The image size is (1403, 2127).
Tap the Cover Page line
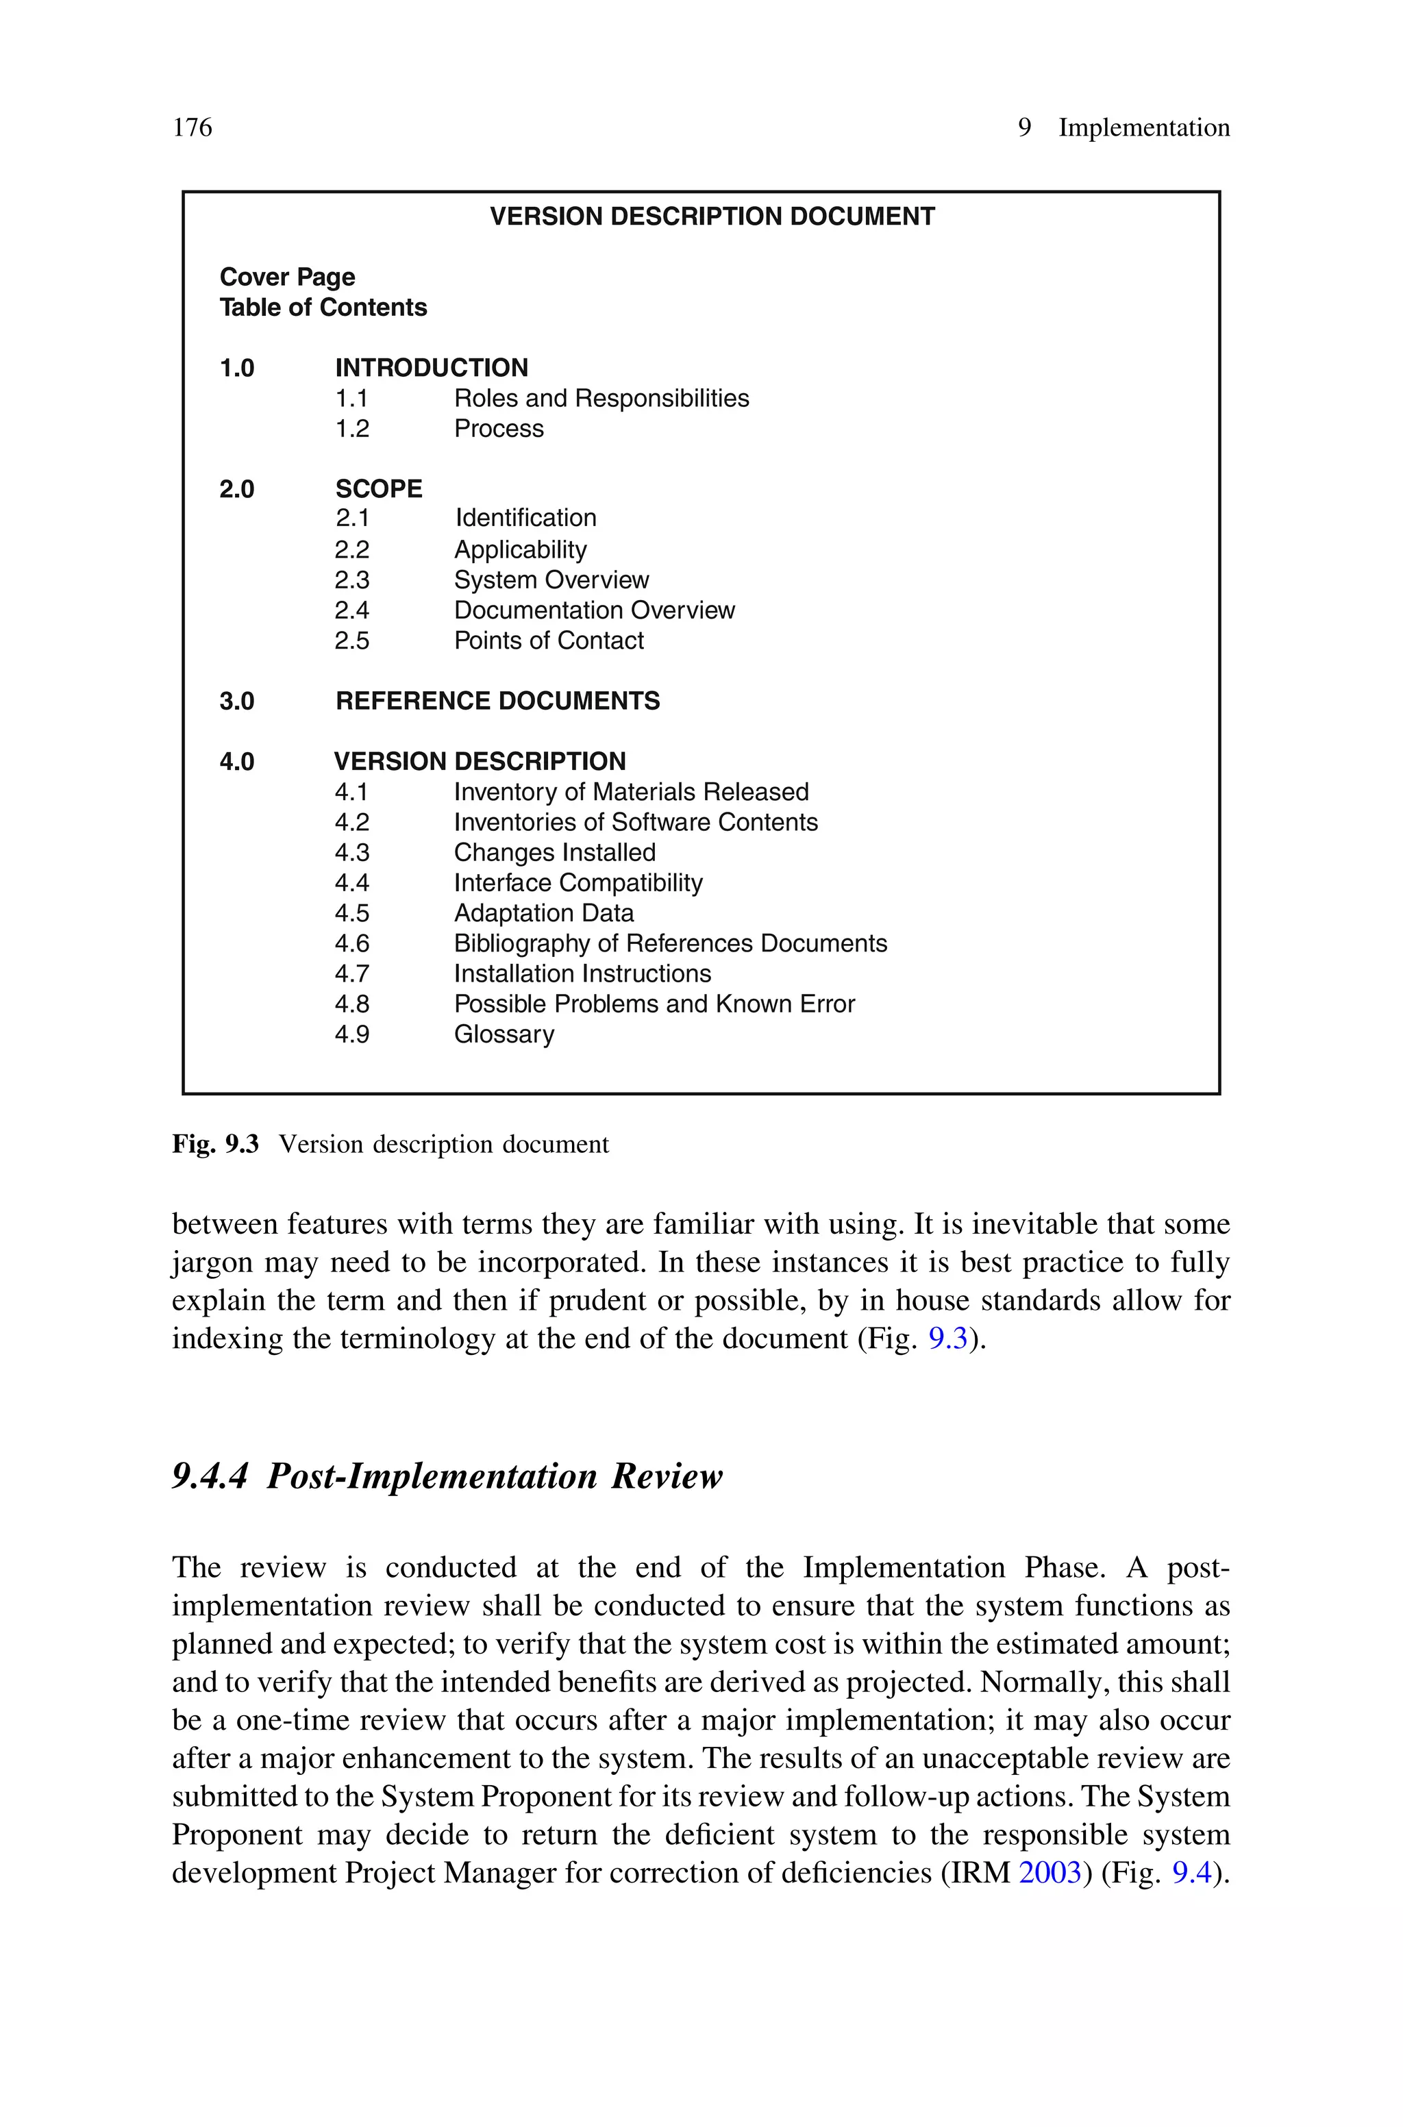pyautogui.click(x=287, y=277)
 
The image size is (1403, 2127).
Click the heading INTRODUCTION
pyautogui.click(x=432, y=368)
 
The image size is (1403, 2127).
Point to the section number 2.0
pyautogui.click(x=237, y=489)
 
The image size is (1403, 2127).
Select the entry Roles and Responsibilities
pyautogui.click(x=601, y=398)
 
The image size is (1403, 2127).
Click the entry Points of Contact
pyautogui.click(x=549, y=640)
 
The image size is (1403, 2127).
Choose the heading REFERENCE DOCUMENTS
pyautogui.click(x=497, y=701)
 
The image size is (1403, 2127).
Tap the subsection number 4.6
pyautogui.click(x=351, y=944)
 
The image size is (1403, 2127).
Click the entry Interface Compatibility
pyautogui.click(x=578, y=883)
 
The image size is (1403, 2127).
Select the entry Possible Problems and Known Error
pyautogui.click(x=654, y=1004)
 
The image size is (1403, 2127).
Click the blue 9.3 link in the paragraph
pyautogui.click(x=947, y=1339)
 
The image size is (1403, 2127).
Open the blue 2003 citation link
pyautogui.click(x=1050, y=1872)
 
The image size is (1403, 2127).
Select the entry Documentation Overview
pyautogui.click(x=594, y=610)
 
